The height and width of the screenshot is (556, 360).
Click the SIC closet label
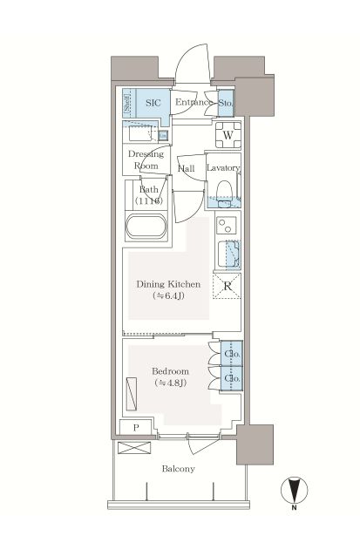153,103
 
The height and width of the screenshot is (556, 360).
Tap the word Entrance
194,102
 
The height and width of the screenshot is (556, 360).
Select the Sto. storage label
226,103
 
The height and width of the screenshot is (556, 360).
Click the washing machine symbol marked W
228,135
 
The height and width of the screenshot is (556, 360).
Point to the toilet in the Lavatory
224,194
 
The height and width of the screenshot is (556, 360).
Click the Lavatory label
223,167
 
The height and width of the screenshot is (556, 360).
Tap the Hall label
187,168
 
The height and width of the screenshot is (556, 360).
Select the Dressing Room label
146,159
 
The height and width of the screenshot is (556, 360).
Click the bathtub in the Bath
146,226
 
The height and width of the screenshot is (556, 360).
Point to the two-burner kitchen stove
227,225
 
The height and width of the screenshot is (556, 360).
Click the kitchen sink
228,254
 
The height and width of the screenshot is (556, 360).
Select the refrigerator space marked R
227,286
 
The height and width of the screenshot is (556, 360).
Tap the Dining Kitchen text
168,284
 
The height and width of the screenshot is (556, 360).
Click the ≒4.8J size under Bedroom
170,383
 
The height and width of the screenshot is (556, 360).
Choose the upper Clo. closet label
233,354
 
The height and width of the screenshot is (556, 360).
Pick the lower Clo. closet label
233,378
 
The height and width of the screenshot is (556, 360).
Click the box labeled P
136,428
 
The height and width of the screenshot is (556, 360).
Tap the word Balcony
179,469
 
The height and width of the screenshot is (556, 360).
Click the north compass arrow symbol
294,491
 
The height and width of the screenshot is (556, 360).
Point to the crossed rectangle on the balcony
134,447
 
